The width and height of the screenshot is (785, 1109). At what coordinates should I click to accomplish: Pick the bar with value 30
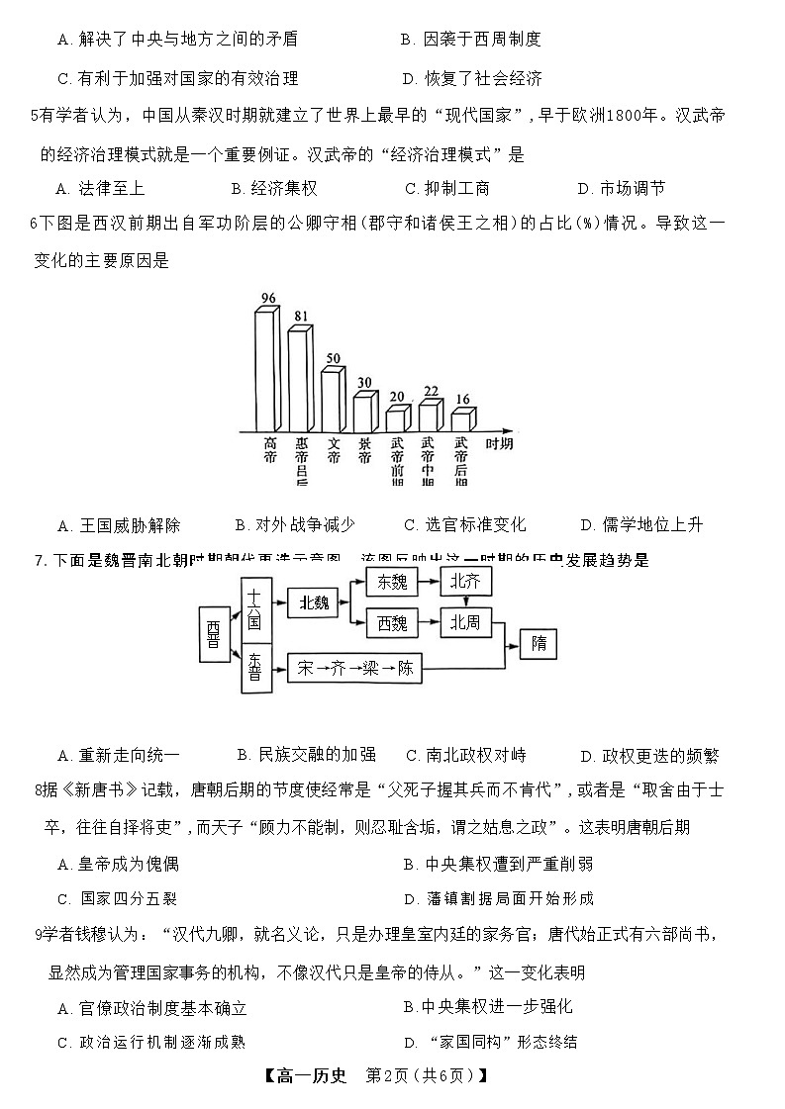pyautogui.click(x=364, y=412)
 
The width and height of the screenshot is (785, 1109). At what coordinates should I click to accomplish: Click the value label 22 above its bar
pyautogui.click(x=431, y=392)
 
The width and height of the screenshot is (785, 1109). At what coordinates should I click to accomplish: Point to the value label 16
pyautogui.click(x=461, y=399)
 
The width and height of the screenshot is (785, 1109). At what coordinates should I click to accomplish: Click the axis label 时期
pyautogui.click(x=499, y=444)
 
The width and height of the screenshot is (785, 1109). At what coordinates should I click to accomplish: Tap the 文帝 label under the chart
pyautogui.click(x=334, y=451)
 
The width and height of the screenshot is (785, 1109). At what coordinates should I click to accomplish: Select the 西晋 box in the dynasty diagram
pyautogui.click(x=213, y=634)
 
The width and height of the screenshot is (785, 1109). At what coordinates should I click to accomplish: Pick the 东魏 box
pyautogui.click(x=391, y=582)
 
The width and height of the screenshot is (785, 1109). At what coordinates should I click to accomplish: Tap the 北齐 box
pyautogui.click(x=465, y=582)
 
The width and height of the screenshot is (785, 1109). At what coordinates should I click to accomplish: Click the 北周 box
pyautogui.click(x=465, y=623)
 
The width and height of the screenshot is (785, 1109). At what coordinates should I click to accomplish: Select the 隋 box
pyautogui.click(x=539, y=644)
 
